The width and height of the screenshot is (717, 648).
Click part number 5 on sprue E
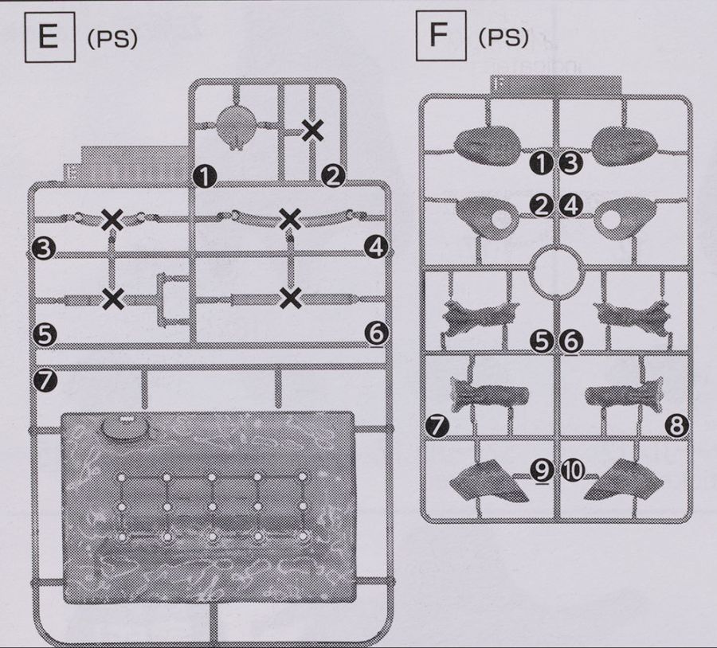pos(45,334)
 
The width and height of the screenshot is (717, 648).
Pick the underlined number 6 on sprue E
pos(376,333)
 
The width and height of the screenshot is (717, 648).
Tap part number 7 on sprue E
pos(45,381)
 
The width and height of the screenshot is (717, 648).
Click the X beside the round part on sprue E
pos(312,130)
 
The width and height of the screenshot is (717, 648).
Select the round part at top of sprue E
pos(237,124)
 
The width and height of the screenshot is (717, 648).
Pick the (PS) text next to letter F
pos(503,38)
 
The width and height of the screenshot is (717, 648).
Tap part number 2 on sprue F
pos(543,206)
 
